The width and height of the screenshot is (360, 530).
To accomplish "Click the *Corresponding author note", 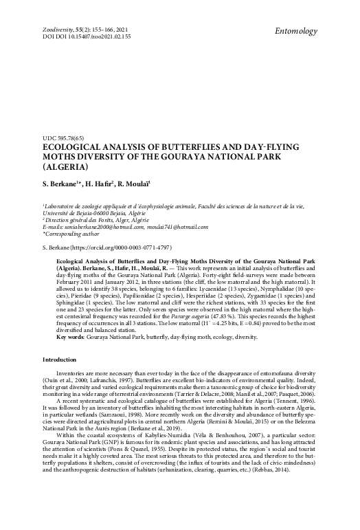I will [71, 233].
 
